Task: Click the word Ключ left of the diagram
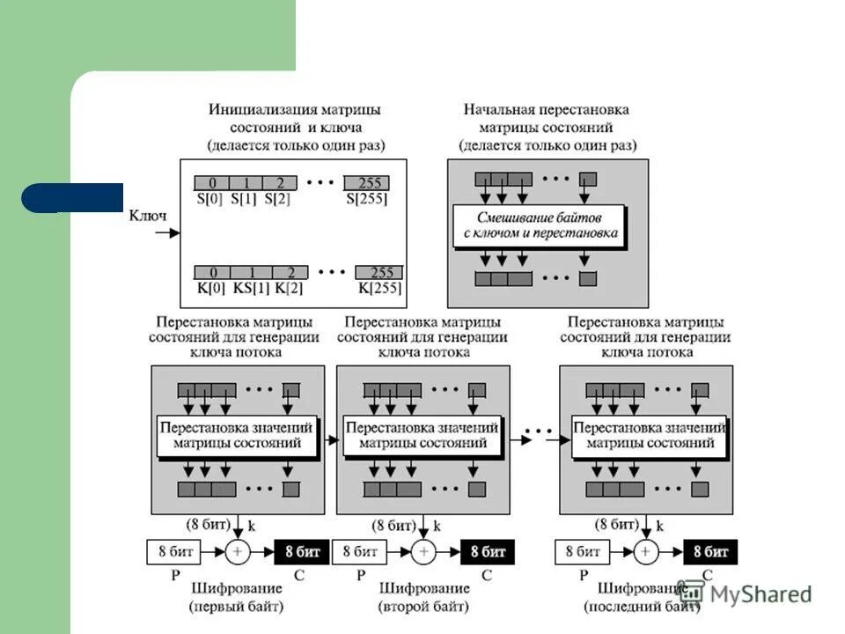pos(148,215)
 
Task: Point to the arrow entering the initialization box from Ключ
pos(168,232)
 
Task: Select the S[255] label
pos(367,199)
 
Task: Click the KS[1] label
pos(250,288)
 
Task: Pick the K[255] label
pos(379,288)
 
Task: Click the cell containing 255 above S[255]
pos(367,183)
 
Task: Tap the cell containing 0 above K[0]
pos(213,272)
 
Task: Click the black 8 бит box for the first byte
pos(302,552)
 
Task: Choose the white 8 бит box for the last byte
pos(582,552)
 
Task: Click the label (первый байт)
pos(237,607)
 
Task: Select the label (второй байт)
pos(424,607)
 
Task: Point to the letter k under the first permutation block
pos(252,526)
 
